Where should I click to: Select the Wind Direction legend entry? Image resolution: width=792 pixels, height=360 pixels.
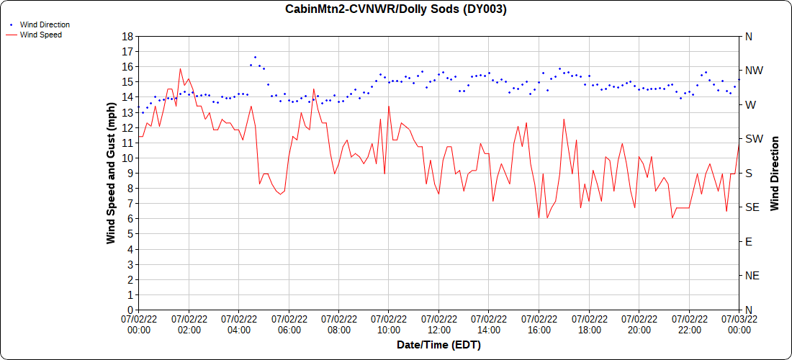pos(45,24)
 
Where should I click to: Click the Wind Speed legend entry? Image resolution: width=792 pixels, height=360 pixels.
pos(40,34)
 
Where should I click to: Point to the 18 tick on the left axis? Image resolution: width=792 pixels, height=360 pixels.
pos(127,36)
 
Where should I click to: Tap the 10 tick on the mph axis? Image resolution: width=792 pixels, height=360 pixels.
pos(127,158)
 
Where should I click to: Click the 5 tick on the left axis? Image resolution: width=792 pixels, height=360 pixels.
pos(130,234)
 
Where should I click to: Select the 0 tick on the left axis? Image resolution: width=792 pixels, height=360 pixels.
pos(130,310)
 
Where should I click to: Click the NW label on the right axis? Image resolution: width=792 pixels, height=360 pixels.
pos(753,71)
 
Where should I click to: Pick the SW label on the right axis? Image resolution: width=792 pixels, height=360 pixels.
pos(753,139)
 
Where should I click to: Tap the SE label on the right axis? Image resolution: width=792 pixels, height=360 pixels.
pos(752,207)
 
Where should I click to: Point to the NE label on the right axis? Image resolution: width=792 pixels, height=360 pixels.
pos(752,276)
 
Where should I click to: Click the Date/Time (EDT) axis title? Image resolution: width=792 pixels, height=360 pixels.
pos(438,345)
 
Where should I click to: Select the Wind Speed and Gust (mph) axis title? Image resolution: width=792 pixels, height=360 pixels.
pos(111,173)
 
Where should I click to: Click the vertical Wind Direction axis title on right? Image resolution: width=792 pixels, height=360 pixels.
pos(775,173)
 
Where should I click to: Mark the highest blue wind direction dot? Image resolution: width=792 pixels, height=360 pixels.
pos(255,57)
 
